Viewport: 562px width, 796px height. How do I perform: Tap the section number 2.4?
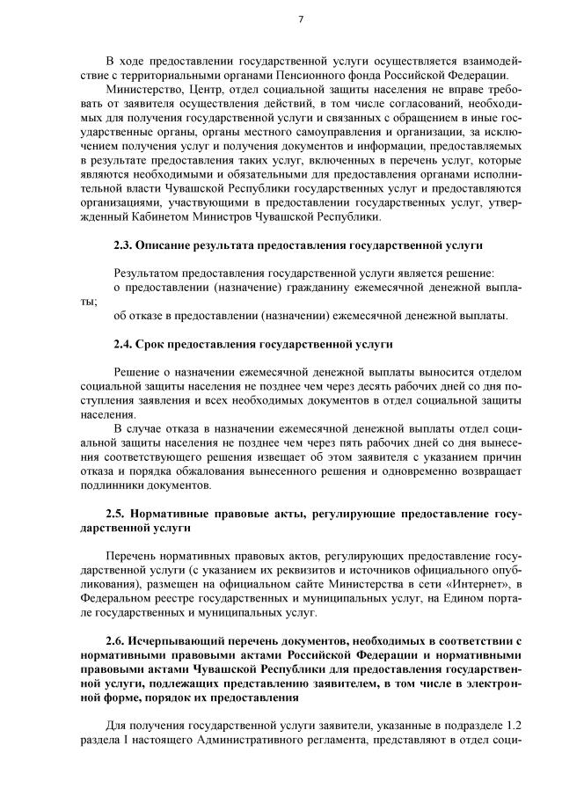tap(125, 343)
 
